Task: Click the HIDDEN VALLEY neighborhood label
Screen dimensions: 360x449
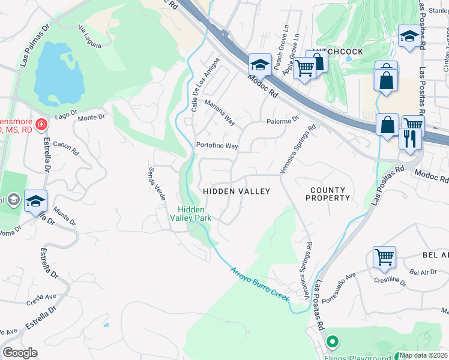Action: pyautogui.click(x=237, y=191)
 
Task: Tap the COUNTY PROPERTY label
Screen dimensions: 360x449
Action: pyautogui.click(x=328, y=194)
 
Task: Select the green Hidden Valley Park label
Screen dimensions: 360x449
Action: pyautogui.click(x=193, y=214)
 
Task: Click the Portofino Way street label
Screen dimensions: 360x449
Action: pyautogui.click(x=217, y=146)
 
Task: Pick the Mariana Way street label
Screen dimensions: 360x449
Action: pyautogui.click(x=220, y=112)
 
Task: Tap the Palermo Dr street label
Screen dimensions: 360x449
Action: pyautogui.click(x=283, y=120)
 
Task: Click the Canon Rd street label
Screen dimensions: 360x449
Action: pyautogui.click(x=66, y=148)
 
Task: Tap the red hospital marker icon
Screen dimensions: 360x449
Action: pyautogui.click(x=41, y=125)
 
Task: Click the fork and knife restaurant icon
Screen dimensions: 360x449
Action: pyautogui.click(x=409, y=139)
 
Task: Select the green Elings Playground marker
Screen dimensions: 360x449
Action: pyautogui.click(x=332, y=343)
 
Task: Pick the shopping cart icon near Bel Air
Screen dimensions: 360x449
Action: pyautogui.click(x=384, y=257)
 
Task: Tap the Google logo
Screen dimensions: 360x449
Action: pyautogui.click(x=20, y=353)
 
